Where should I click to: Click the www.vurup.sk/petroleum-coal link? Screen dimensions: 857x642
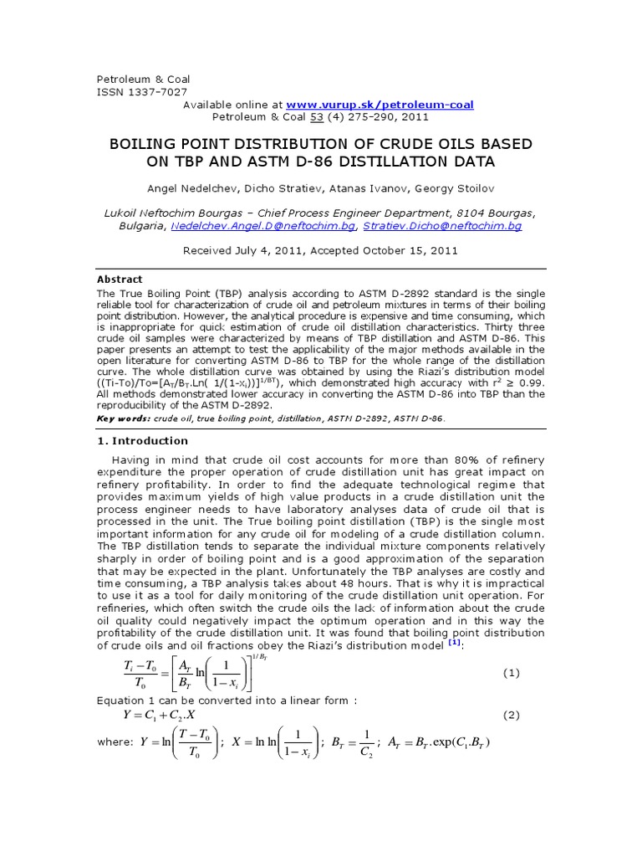(x=380, y=105)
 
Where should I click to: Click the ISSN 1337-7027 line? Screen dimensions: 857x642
(x=143, y=92)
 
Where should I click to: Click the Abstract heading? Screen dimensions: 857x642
(x=120, y=280)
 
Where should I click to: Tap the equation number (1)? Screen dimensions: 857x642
(x=512, y=673)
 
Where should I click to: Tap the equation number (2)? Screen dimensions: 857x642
(x=512, y=716)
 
